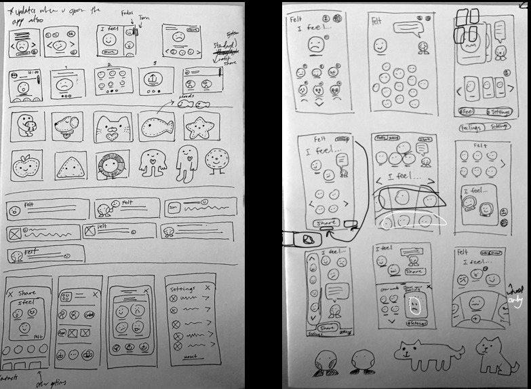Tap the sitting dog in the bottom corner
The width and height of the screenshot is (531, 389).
(493, 355)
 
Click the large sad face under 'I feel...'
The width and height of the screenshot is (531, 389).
(315, 45)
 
